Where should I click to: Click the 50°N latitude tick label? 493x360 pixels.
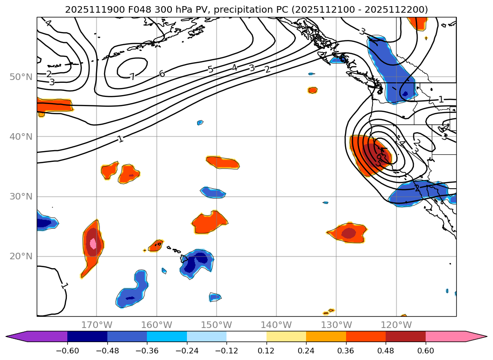click(21, 77)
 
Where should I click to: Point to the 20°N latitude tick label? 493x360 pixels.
click(21, 256)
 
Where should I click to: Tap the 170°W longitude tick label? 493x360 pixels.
click(97, 325)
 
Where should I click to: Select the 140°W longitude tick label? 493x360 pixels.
click(276, 325)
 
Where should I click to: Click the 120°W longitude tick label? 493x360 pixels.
click(396, 325)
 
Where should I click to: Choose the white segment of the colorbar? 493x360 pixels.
click(246, 336)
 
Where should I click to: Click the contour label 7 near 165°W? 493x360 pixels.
click(132, 77)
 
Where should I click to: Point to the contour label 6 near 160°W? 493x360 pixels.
click(162, 74)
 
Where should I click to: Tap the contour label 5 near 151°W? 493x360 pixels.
click(210, 70)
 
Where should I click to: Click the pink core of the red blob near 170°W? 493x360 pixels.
click(93, 244)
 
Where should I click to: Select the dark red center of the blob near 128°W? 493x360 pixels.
click(348, 233)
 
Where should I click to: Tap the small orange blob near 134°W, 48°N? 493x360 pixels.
click(313, 90)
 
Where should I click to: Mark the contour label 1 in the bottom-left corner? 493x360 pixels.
click(64, 285)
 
